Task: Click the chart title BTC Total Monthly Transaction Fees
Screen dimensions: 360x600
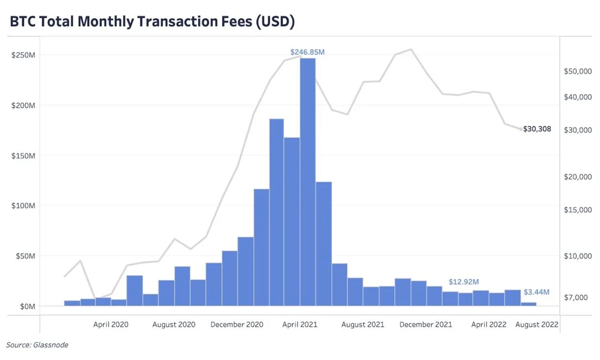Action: coord(152,22)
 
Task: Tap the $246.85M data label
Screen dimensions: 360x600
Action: coord(307,52)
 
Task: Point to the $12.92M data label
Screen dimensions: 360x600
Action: coord(464,282)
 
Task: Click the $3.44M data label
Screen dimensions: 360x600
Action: coord(536,292)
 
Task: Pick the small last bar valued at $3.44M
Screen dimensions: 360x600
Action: coord(528,304)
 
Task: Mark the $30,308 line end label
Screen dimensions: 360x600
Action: coord(537,129)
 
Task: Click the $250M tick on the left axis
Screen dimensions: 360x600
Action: coord(23,55)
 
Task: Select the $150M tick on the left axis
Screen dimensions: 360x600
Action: coord(23,156)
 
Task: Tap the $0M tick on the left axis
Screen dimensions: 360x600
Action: coord(25,306)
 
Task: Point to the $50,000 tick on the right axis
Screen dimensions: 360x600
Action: coord(578,71)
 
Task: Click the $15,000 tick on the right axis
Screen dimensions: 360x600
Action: coord(578,210)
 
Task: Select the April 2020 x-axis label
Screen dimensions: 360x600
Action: coord(111,324)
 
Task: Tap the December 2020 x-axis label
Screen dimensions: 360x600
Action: coord(237,324)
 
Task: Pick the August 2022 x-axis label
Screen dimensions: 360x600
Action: coord(537,324)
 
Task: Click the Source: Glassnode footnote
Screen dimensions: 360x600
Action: coord(37,345)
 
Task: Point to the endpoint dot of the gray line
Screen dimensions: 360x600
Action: coord(521,129)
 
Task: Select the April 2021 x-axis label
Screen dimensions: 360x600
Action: coord(300,324)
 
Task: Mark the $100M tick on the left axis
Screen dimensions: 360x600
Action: coord(23,206)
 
